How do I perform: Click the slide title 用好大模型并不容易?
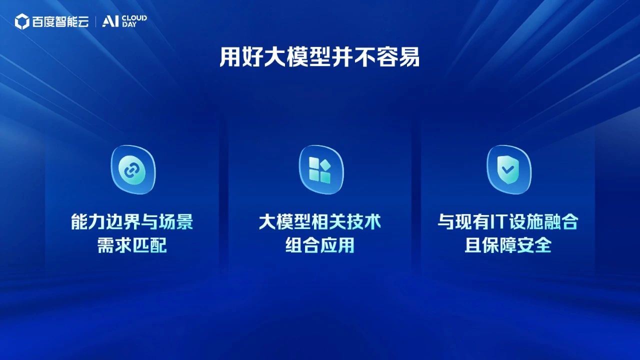click(x=319, y=57)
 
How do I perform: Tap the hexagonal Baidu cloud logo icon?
click(x=22, y=21)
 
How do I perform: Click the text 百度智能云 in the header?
click(x=60, y=21)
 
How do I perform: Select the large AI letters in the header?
click(x=110, y=21)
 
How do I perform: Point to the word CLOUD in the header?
click(x=134, y=18)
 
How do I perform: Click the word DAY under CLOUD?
click(x=129, y=24)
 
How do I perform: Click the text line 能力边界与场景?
click(x=132, y=221)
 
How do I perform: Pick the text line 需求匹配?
click(x=132, y=245)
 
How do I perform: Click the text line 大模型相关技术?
click(x=320, y=221)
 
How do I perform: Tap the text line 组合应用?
click(x=320, y=245)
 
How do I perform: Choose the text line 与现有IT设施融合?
click(x=508, y=221)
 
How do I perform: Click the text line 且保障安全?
click(x=508, y=245)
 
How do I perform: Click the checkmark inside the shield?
click(x=508, y=170)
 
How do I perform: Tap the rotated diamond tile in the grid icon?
click(x=325, y=164)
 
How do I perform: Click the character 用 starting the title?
click(x=229, y=57)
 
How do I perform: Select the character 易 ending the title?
click(x=409, y=57)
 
